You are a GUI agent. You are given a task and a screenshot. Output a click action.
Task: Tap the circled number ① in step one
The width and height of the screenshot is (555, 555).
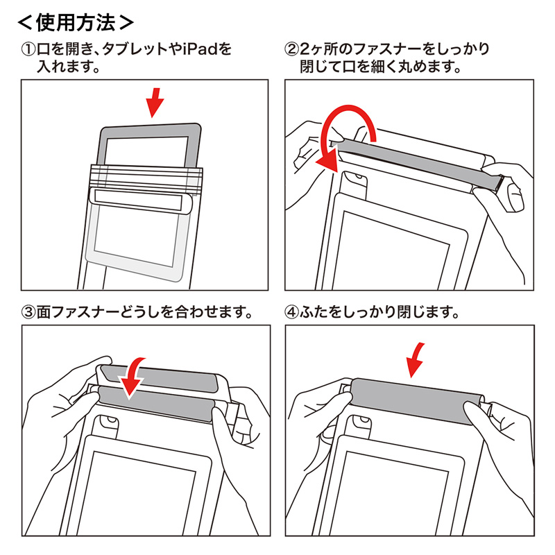point(29,51)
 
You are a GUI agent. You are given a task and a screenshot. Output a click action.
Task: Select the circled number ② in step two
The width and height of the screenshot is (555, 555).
point(292,51)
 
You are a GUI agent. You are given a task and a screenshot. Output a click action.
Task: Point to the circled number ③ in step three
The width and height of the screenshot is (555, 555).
point(29,312)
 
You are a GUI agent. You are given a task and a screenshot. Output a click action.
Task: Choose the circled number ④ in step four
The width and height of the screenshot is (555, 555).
point(292,312)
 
